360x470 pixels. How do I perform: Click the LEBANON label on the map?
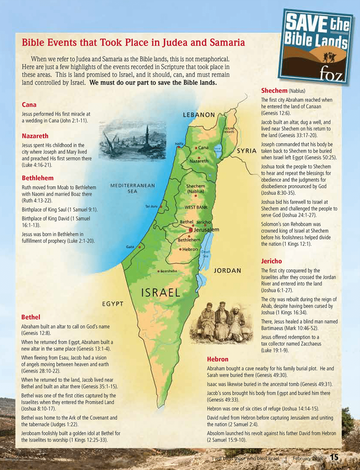(199, 115)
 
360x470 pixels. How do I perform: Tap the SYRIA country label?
(247, 151)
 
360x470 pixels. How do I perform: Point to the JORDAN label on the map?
(227, 270)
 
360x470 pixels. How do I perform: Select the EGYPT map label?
(113, 304)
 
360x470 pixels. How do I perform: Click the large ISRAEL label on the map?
(161, 293)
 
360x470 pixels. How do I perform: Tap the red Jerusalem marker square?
(191, 230)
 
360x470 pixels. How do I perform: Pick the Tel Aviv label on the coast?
(151, 206)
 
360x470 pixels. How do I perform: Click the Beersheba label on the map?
(169, 271)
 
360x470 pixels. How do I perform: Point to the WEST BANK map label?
(196, 207)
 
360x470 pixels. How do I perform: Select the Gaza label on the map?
(130, 247)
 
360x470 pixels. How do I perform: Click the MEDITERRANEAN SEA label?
(133, 188)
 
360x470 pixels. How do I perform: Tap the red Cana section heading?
(29, 105)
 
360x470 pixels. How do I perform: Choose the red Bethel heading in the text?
(31, 317)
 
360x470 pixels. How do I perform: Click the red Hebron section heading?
(218, 359)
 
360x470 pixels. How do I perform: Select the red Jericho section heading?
(271, 261)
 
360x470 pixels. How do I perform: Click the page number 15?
(334, 457)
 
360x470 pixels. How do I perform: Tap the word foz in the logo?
(331, 75)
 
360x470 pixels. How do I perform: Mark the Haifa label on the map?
(179, 143)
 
